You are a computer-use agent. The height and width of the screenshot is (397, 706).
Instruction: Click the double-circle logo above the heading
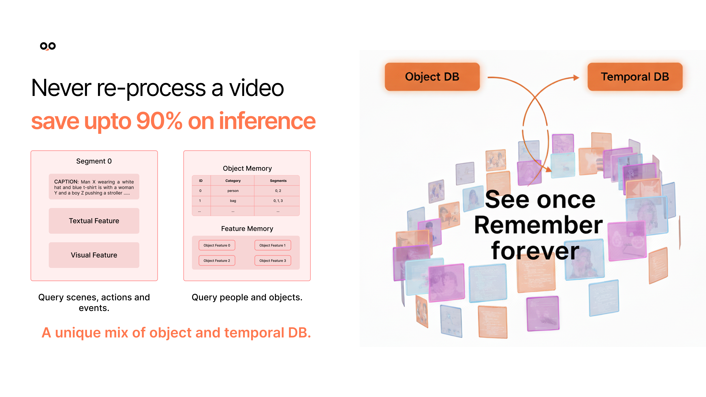pyautogui.click(x=48, y=46)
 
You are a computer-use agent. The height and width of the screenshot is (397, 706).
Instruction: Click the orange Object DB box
pyautogui.click(x=432, y=77)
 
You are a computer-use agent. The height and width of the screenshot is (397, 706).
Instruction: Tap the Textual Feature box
pyautogui.click(x=94, y=221)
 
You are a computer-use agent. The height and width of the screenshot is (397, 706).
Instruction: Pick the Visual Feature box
pyautogui.click(x=94, y=255)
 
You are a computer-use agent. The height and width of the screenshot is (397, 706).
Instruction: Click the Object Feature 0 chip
pyautogui.click(x=217, y=245)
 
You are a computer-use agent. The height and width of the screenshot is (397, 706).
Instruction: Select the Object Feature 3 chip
pyautogui.click(x=273, y=261)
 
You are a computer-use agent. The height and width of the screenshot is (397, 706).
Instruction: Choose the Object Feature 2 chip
pyautogui.click(x=217, y=261)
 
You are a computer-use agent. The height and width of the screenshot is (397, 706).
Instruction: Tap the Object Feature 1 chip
pyautogui.click(x=273, y=245)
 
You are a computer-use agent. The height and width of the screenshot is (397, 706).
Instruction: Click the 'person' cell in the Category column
pyautogui.click(x=233, y=191)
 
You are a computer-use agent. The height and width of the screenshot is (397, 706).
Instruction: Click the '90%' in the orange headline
pyautogui.click(x=159, y=121)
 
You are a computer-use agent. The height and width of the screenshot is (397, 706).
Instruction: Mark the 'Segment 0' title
pyautogui.click(x=94, y=161)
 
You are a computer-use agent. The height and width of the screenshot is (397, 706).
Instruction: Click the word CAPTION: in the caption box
pyautogui.click(x=66, y=182)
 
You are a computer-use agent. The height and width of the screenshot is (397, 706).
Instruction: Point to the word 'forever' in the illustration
pyautogui.click(x=535, y=251)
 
